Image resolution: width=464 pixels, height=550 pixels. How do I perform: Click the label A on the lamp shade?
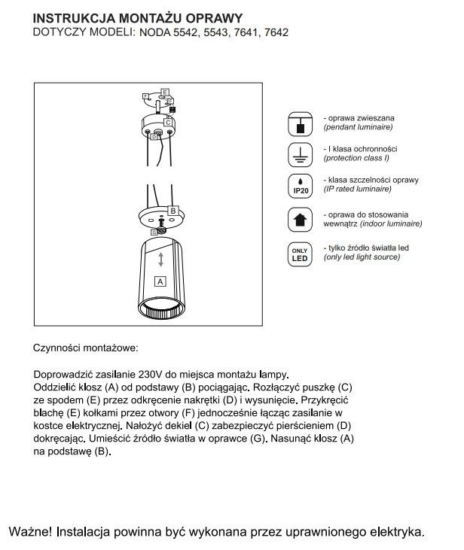pos(159,283)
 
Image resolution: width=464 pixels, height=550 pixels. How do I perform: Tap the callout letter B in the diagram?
pos(172,211)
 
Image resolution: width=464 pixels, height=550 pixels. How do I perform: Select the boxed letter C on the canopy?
pos(167,121)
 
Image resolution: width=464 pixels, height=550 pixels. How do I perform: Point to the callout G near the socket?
pos(154,233)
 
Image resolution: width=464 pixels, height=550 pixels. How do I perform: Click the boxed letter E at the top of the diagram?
pos(164,92)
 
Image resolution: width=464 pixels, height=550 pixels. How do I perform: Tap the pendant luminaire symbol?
pos(301,124)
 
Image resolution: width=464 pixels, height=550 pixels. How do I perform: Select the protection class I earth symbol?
pos(301,154)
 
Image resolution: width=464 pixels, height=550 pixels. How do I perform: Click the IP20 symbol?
pos(301,186)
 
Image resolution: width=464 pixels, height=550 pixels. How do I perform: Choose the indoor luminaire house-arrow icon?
pos(301,219)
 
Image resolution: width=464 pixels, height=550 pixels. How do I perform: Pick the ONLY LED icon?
pos(301,254)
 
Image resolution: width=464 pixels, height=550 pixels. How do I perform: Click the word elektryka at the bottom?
pos(395,530)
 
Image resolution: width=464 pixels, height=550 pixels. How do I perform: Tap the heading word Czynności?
pos(58,349)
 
